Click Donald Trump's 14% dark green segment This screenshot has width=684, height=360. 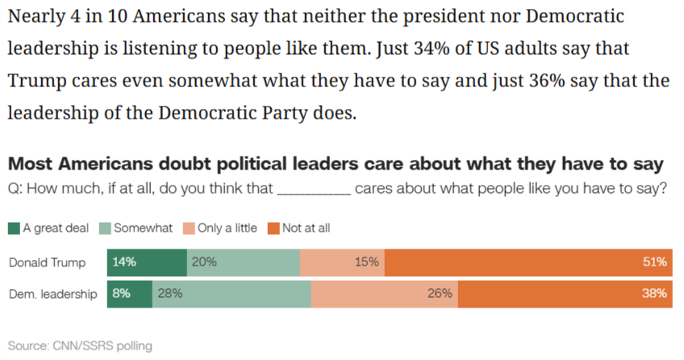point(147,262)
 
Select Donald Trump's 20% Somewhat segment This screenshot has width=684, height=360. point(243,262)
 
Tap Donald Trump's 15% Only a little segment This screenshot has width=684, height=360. point(342,262)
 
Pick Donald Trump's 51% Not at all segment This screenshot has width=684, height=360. point(528,262)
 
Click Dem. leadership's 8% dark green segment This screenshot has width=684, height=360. point(130,294)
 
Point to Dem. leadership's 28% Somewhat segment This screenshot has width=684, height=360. point(231,294)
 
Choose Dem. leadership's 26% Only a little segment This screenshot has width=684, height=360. point(385,294)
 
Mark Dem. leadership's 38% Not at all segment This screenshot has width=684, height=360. point(565,294)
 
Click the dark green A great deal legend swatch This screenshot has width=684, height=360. point(14,228)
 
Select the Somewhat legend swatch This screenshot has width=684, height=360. point(106,228)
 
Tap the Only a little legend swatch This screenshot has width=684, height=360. point(190,228)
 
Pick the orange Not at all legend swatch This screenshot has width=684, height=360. point(274,228)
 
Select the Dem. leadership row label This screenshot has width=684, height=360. point(53,294)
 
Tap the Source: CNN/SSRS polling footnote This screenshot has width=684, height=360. point(80,345)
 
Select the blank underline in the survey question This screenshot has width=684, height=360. point(314,190)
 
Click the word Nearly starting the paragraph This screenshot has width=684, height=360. point(38,15)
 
